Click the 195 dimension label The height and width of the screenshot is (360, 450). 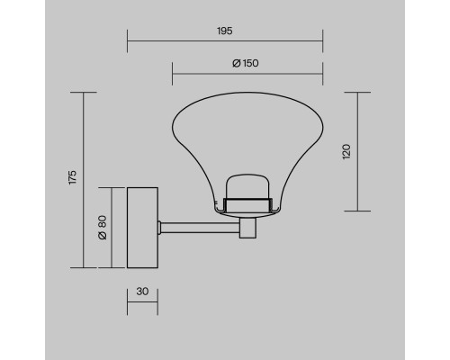pos(225,31)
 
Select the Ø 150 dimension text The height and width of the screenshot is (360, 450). pos(246,63)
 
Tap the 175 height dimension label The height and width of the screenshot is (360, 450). pos(73,177)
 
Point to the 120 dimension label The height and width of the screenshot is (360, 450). pos(346,151)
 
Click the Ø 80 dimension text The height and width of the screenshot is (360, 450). pos(103,228)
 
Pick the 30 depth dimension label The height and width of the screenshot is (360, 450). pos(142,292)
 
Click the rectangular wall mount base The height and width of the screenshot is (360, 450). pos(142,228)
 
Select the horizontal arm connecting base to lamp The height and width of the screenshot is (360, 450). pos(200,228)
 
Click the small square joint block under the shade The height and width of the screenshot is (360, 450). pos(247,228)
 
